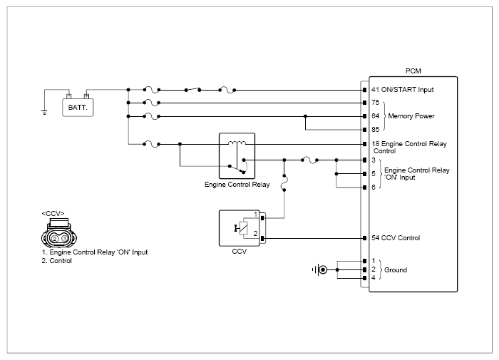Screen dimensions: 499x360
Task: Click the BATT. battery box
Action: tap(78, 107)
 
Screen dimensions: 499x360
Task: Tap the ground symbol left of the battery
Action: tap(44, 112)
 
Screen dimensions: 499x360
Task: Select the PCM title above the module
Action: tap(413, 71)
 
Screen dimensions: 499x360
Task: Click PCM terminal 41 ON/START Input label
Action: tap(403, 90)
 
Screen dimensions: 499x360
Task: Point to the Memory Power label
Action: tap(411, 116)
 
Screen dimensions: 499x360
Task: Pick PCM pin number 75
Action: tap(376, 103)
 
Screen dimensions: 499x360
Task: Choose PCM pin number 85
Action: tap(376, 130)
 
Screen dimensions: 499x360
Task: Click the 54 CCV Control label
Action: tap(396, 238)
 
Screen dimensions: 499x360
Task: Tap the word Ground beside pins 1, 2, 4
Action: tap(396, 270)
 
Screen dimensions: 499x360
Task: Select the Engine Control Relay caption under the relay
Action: tap(237, 185)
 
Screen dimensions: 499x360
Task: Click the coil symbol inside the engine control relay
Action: tap(237, 143)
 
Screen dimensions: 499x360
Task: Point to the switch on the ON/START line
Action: tap(193, 90)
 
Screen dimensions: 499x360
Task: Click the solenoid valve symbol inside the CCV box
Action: tap(242, 228)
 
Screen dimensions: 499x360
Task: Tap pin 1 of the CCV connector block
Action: tap(262, 218)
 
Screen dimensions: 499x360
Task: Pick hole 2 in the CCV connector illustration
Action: tap(55, 238)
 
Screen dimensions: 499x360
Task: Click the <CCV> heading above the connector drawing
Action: tap(53, 214)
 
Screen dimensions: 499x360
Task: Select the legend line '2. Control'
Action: tap(56, 261)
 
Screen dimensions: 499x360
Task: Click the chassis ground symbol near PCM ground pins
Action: tap(320, 270)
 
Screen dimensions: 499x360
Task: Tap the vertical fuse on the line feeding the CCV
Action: tap(284, 182)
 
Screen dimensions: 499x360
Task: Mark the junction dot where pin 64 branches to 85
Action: tap(305, 116)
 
